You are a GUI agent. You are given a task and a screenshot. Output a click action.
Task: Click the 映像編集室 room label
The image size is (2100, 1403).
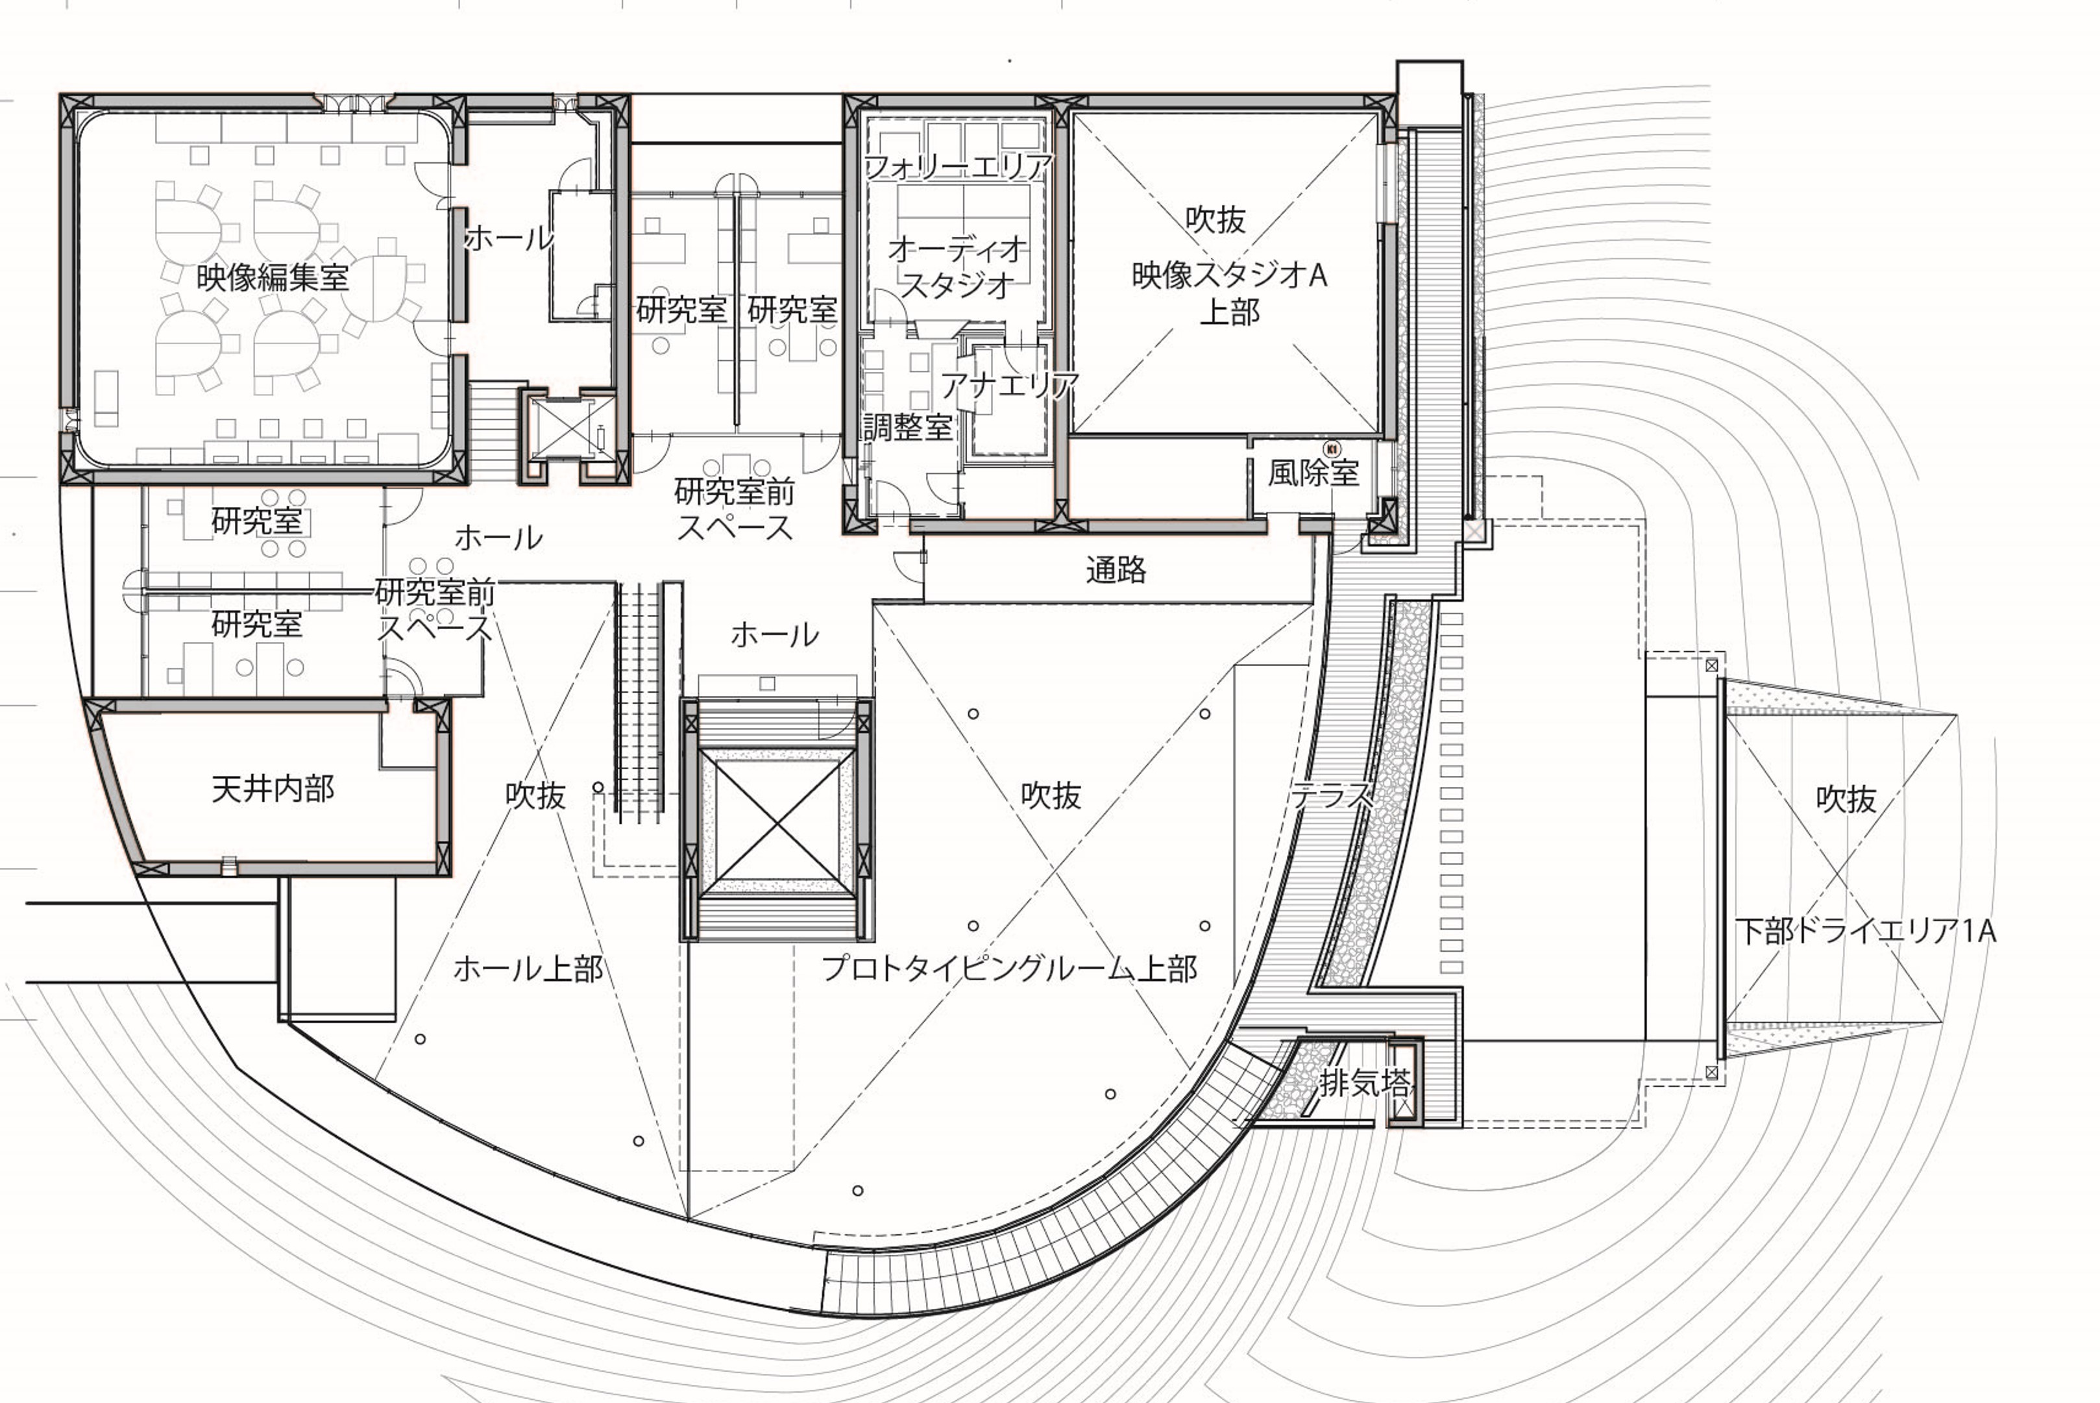click(273, 277)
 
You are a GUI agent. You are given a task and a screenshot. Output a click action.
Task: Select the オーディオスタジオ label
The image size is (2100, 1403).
click(957, 267)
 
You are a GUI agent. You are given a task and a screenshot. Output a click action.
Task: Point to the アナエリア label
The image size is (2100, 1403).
click(1010, 386)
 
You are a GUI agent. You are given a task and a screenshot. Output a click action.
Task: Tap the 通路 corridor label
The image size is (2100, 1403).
click(1116, 569)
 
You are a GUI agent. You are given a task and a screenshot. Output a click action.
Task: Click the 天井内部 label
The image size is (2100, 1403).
click(273, 788)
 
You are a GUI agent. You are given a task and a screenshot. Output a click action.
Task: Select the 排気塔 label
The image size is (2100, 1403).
click(1365, 1084)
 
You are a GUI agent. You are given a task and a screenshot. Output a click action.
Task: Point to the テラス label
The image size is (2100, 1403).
click(1332, 793)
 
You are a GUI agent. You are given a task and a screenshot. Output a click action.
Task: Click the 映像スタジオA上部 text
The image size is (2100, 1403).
click(1230, 293)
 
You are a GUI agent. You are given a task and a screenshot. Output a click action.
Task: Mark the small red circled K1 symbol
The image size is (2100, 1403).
click(1332, 448)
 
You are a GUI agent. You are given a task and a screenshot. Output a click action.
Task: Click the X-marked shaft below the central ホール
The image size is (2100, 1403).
click(775, 819)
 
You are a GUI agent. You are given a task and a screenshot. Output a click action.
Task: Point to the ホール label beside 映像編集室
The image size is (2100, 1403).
click(509, 238)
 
